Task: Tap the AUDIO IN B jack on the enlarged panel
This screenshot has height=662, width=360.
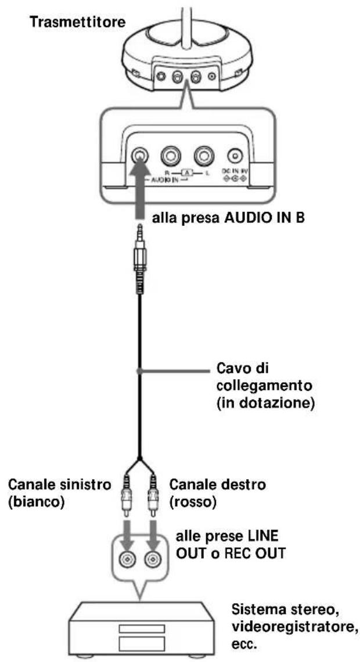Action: point(139,156)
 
